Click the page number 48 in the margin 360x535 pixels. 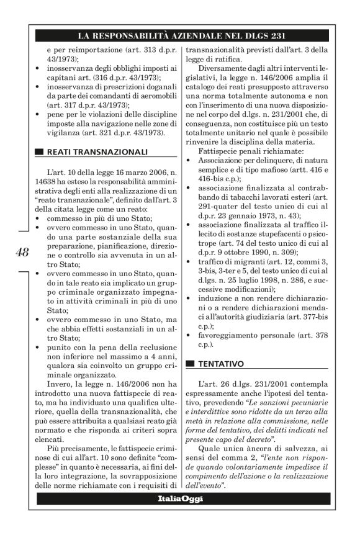[22, 252]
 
